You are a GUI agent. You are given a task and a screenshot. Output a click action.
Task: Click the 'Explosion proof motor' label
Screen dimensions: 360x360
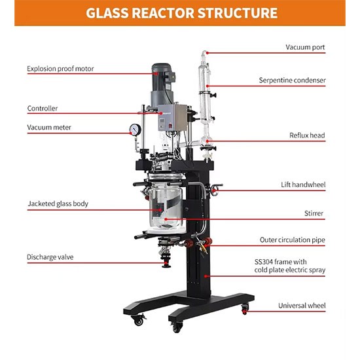[x=60, y=69]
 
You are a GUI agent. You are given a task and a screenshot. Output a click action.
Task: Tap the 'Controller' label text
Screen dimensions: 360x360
[x=43, y=109]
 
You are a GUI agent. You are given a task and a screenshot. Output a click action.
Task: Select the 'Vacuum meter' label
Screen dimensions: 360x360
[x=49, y=127]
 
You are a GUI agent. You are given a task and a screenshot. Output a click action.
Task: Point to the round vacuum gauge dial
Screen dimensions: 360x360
[x=135, y=129]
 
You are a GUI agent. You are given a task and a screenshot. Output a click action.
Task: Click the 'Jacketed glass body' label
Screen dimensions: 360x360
[x=58, y=204]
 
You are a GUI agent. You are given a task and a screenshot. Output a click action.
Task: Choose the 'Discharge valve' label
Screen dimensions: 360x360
[x=50, y=257]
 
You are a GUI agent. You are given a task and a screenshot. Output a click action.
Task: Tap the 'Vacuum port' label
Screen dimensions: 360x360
[x=305, y=47]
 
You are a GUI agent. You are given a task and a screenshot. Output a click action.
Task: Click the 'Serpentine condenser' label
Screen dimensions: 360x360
[x=293, y=80]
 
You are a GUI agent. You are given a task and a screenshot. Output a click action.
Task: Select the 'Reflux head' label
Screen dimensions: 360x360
[x=307, y=135]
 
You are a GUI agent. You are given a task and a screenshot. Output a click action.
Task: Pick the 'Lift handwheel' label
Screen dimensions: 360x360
[x=303, y=185]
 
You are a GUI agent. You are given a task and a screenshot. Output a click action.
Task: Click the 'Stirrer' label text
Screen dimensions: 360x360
[x=314, y=213]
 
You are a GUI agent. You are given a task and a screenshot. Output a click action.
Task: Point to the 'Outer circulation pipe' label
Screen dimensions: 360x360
[x=293, y=240]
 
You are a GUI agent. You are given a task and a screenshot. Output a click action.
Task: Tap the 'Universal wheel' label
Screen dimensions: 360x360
[x=302, y=306]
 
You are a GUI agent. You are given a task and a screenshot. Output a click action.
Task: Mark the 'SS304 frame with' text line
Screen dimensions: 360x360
[x=281, y=262]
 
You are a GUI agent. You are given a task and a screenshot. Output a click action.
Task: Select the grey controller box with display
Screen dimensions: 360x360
[x=172, y=118]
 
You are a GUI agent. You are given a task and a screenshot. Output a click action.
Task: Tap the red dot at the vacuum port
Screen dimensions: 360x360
[x=207, y=53]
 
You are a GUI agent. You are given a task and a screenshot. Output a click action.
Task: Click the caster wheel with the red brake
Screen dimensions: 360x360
[x=245, y=309]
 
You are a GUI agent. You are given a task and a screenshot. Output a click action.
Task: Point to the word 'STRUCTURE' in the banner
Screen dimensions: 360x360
[x=238, y=13]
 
